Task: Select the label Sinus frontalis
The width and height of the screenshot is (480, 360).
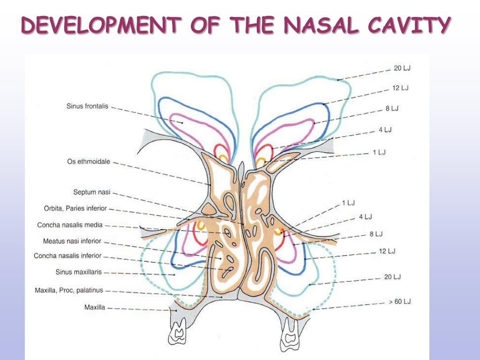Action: coord(87,106)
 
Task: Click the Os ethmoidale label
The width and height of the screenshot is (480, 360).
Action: coord(89,162)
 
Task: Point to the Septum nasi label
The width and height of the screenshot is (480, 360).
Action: coord(91,192)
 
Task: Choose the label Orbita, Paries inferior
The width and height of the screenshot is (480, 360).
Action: coord(75,208)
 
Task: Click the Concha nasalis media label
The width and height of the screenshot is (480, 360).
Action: coord(70,225)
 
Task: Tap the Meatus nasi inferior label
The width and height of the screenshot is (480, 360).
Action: coord(72,241)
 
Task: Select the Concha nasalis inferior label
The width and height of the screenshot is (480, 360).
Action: coord(67,256)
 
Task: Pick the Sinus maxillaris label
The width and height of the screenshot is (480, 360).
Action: coord(78,272)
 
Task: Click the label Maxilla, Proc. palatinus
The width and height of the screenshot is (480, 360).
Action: coord(69,291)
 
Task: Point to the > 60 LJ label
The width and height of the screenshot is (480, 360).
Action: coord(399,301)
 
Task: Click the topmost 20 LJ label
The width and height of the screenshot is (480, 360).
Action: coord(402,68)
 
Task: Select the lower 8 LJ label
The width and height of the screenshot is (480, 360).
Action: coord(376,234)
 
